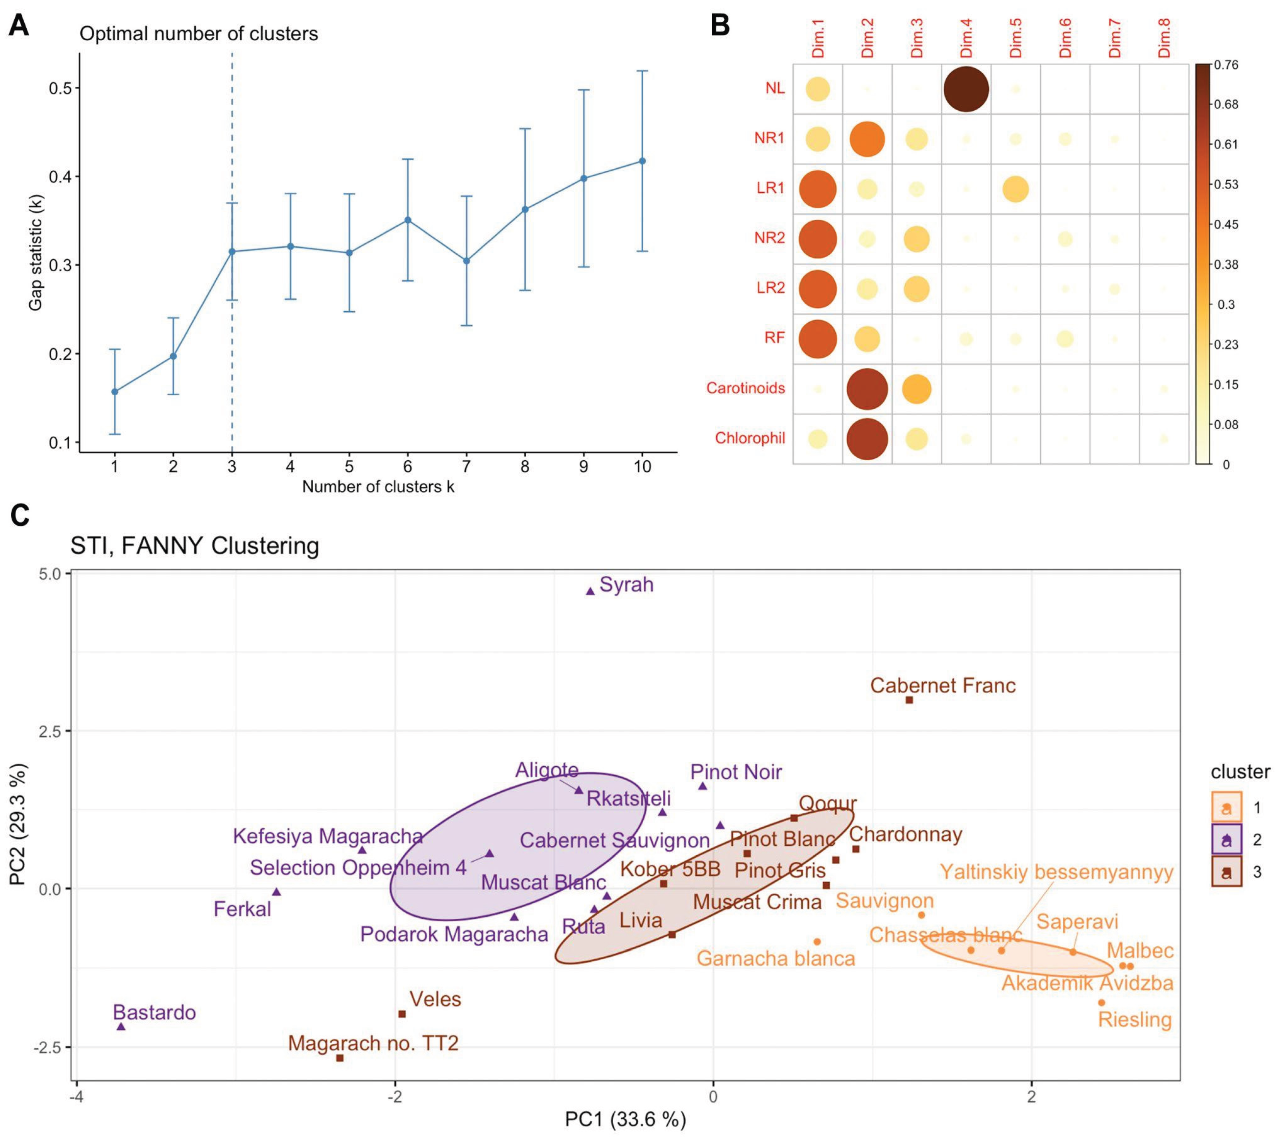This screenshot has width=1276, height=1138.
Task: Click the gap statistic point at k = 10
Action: coord(642,161)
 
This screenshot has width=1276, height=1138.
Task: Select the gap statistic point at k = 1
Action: coord(114,391)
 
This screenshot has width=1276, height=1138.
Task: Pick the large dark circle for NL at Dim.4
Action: coord(966,89)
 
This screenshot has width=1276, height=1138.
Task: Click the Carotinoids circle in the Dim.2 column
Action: coord(867,389)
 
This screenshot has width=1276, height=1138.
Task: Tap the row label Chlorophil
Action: coord(750,438)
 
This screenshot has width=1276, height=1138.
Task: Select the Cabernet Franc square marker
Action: coord(909,700)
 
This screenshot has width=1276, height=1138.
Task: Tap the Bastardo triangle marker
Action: coord(121,1026)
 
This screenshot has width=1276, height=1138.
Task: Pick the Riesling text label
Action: coord(1135,1020)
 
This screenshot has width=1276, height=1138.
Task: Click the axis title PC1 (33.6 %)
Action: coord(625,1119)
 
